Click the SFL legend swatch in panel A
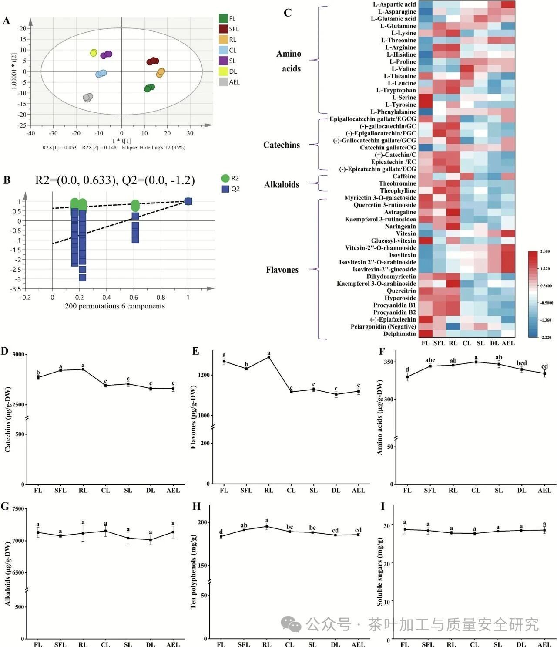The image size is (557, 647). (x=223, y=29)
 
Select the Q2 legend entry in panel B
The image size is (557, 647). (x=225, y=189)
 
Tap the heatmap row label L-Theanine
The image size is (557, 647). (x=399, y=76)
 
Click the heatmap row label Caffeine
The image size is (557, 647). (x=404, y=176)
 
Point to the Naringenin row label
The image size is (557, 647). (x=400, y=227)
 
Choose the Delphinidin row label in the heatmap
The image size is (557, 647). (x=399, y=334)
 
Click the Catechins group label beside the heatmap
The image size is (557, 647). (x=282, y=145)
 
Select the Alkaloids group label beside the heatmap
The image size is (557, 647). (x=282, y=185)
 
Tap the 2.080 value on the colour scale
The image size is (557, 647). (x=545, y=252)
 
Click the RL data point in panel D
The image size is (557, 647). (x=83, y=369)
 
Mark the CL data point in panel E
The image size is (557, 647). (x=291, y=392)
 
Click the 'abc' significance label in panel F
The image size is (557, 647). (x=430, y=360)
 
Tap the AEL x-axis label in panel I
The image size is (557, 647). (x=544, y=644)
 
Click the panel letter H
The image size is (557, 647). (x=196, y=506)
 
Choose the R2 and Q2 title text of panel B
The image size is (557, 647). (x=115, y=180)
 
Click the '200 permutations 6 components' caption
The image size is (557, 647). (x=115, y=306)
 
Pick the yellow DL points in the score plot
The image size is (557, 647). (x=94, y=53)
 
